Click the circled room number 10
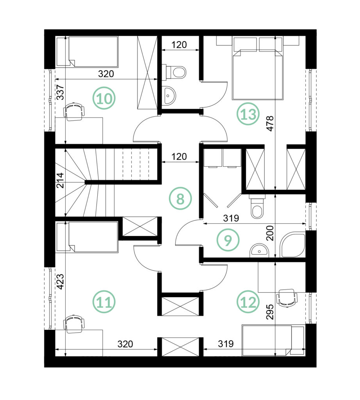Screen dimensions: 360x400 (104, 98)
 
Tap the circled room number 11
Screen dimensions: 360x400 (104, 302)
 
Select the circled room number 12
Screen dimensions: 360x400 (248, 302)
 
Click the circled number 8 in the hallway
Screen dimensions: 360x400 (180, 198)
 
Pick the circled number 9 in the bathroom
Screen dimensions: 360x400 (228, 240)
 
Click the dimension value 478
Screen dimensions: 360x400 (270, 123)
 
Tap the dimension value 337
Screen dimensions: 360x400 (60, 92)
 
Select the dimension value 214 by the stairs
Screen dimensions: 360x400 (60, 180)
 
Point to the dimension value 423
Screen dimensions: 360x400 (60, 282)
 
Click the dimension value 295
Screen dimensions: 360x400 (270, 312)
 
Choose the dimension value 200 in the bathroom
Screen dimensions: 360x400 (270, 233)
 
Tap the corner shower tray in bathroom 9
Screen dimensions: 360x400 (292, 245)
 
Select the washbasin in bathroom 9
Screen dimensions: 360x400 (259, 250)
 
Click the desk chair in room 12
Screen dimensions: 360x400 (287, 298)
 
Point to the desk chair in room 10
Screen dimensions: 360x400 (74, 111)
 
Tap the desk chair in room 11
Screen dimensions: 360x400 (74, 324)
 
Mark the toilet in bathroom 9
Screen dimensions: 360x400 (257, 206)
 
